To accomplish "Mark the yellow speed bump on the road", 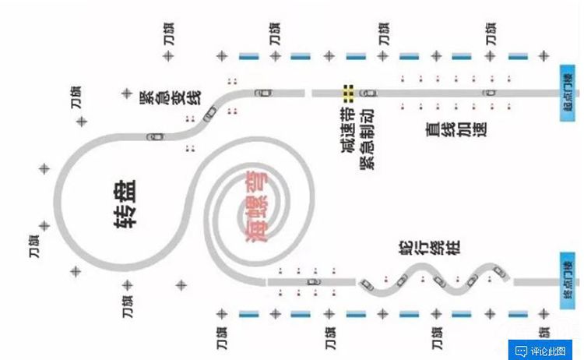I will [348, 94].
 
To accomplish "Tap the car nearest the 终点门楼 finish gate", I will [498, 270].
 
